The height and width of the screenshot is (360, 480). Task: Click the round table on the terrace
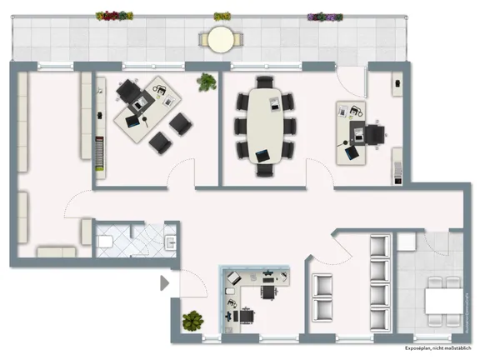tap(221, 38)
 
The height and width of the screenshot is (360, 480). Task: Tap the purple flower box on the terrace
tap(324, 16)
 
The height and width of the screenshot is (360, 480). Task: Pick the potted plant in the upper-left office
tap(205, 82)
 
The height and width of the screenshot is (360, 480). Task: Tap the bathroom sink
tap(170, 242)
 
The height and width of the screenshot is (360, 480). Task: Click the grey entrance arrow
tap(164, 283)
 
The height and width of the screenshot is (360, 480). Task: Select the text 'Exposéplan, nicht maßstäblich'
tap(436, 349)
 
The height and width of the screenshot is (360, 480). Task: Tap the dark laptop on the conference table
tap(262, 156)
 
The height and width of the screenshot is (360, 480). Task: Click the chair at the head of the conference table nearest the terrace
tap(265, 82)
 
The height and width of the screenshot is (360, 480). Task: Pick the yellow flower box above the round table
tap(222, 16)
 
